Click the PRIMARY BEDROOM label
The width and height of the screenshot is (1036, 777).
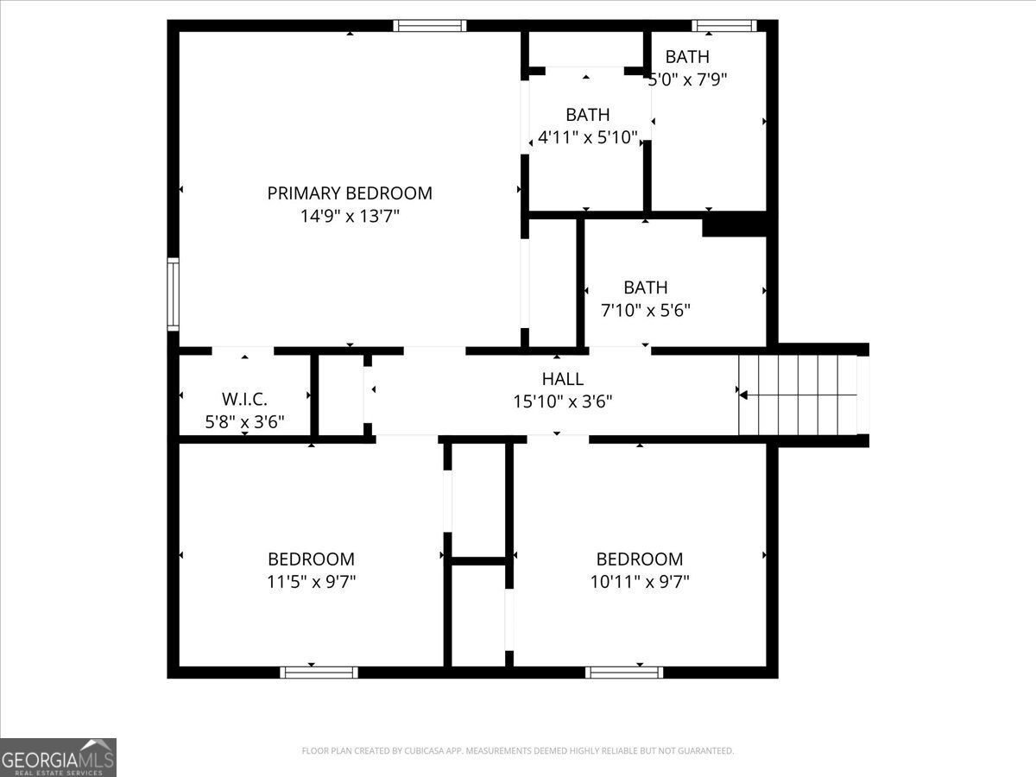pyautogui.click(x=350, y=193)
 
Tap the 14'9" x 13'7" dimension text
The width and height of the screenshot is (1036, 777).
pyautogui.click(x=350, y=216)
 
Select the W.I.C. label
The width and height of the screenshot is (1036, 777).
pyautogui.click(x=244, y=399)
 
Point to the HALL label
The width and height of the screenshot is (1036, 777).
pyautogui.click(x=563, y=378)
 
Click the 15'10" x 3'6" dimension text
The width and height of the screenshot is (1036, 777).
pyautogui.click(x=563, y=401)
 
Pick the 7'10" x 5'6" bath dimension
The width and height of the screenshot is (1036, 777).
pyautogui.click(x=646, y=311)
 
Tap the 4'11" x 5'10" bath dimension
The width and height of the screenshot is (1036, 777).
pyautogui.click(x=588, y=137)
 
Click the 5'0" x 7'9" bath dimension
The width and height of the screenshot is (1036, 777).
pyautogui.click(x=688, y=79)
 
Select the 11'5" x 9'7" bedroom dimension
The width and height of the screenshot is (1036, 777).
pyautogui.click(x=312, y=582)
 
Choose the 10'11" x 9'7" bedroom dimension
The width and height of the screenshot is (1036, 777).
pyautogui.click(x=640, y=582)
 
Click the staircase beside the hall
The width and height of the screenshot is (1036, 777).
pyautogui.click(x=798, y=395)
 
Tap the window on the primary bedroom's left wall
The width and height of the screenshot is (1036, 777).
pyautogui.click(x=174, y=294)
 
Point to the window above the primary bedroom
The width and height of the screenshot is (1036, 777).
pyautogui.click(x=430, y=26)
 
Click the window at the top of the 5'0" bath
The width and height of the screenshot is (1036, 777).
pyautogui.click(x=724, y=26)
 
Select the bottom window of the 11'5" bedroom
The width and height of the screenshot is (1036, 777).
pyautogui.click(x=319, y=673)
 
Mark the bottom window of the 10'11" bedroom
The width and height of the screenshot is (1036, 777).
pyautogui.click(x=624, y=673)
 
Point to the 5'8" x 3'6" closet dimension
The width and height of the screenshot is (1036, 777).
pyautogui.click(x=244, y=422)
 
